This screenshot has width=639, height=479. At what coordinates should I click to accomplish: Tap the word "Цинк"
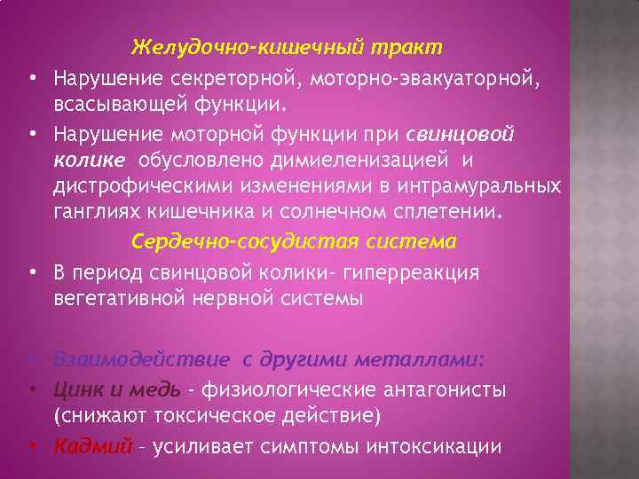point(77,389)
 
